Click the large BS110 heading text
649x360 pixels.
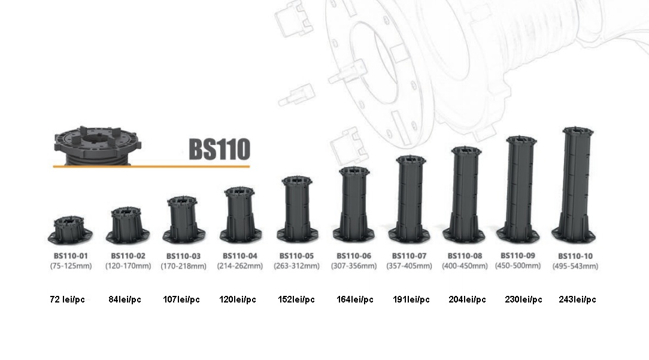[219, 149]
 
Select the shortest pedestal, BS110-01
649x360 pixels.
[70, 229]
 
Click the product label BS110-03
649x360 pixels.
[183, 256]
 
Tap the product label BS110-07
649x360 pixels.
[409, 256]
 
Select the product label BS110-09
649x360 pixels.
[517, 255]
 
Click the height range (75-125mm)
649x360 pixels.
[71, 266]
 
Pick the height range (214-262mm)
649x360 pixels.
[239, 266]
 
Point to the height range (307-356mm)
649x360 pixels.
[353, 266]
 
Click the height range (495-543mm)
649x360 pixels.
[575, 266]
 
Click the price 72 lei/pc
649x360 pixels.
[67, 300]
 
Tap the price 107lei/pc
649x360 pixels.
[181, 300]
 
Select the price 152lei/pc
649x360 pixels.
[296, 300]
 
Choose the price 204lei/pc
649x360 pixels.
[467, 300]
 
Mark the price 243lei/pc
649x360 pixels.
[577, 300]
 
